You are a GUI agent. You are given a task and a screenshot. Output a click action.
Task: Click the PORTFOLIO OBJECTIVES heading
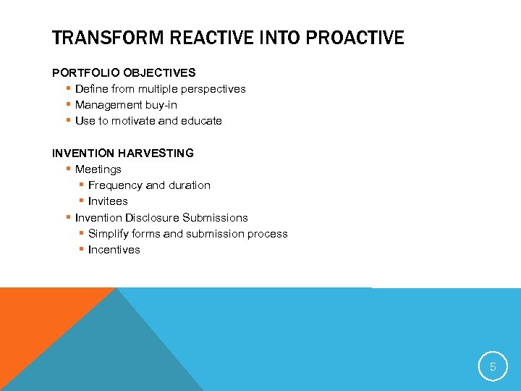click(x=124, y=72)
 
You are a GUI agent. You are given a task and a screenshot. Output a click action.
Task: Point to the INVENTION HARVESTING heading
click(x=123, y=153)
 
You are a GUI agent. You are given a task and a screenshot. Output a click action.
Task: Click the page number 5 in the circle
click(x=493, y=367)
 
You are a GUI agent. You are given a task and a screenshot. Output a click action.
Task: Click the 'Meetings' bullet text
click(x=98, y=169)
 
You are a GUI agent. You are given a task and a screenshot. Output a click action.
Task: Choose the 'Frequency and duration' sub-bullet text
click(x=149, y=185)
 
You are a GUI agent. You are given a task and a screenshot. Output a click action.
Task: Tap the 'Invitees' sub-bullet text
click(x=108, y=201)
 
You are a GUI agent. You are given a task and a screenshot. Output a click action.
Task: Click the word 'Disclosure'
click(x=152, y=217)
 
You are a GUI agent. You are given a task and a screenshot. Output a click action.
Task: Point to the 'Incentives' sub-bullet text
click(x=114, y=250)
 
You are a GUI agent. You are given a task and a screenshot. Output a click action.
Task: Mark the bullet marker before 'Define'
click(x=67, y=89)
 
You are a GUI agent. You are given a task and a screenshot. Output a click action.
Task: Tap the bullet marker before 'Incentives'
click(x=81, y=250)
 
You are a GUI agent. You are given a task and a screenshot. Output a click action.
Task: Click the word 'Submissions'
click(x=215, y=217)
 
